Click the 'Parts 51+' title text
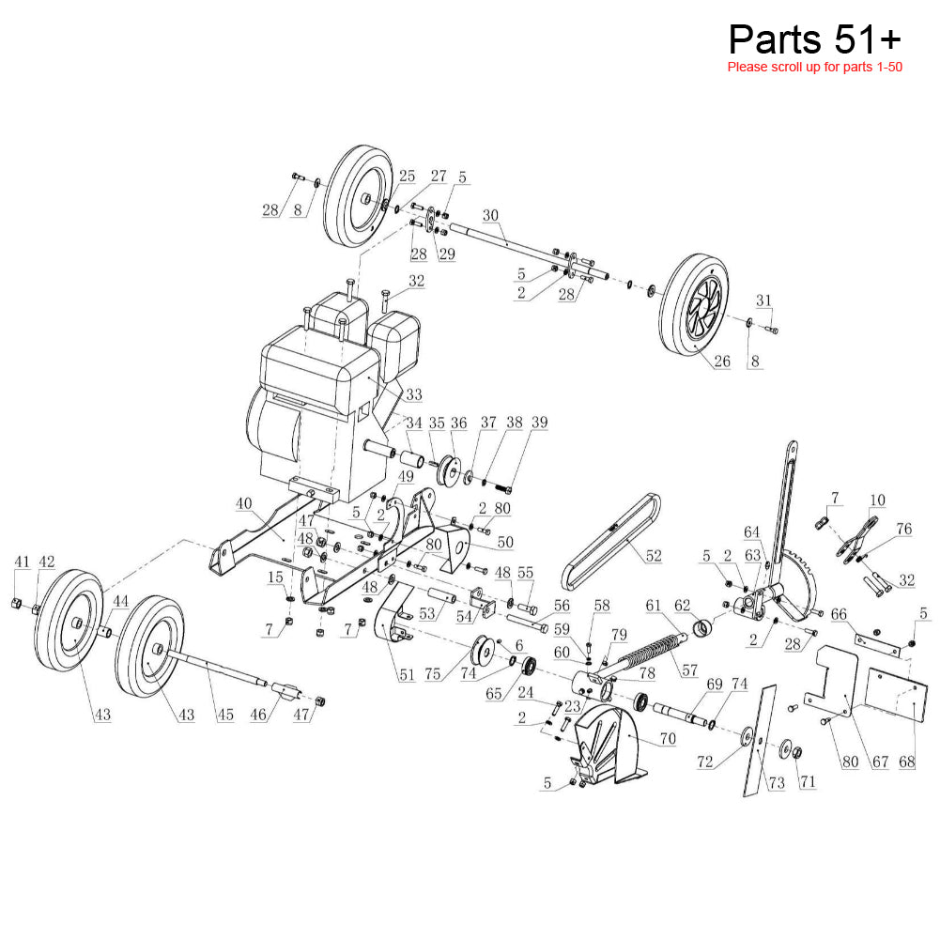pyautogui.click(x=814, y=39)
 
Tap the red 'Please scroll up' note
pyautogui.click(x=814, y=68)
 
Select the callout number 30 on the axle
pyautogui.click(x=491, y=215)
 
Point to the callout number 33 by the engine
pyautogui.click(x=413, y=394)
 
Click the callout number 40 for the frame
pyautogui.click(x=244, y=503)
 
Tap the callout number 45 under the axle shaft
pyautogui.click(x=225, y=716)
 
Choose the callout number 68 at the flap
pyautogui.click(x=906, y=762)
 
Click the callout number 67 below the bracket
pyautogui.click(x=880, y=762)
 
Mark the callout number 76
pyautogui.click(x=904, y=530)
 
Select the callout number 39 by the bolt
pyautogui.click(x=538, y=423)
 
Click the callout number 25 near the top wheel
pyautogui.click(x=407, y=176)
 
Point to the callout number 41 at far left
pyautogui.click(x=22, y=562)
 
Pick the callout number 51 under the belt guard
pyautogui.click(x=407, y=675)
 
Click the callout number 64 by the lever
pyautogui.click(x=751, y=532)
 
